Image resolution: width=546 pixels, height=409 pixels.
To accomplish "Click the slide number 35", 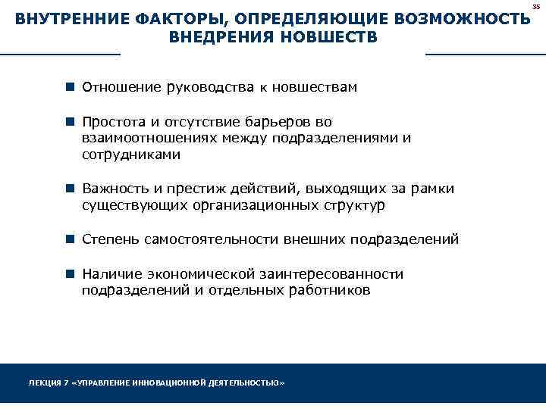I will coord(536,5).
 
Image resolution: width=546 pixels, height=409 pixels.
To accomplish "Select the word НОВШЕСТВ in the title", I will coord(331,38).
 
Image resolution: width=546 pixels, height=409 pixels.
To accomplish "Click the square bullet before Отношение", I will coord(69,87).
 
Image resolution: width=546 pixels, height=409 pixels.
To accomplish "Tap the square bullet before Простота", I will coord(69,122).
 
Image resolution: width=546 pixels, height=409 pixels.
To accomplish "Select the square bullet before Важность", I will coord(69,189).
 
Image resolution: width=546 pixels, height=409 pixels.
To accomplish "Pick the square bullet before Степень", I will coord(69,239).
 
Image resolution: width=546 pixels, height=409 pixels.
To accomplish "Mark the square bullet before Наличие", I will coord(69,274).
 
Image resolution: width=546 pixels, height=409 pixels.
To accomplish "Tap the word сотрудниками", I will coord(131,155).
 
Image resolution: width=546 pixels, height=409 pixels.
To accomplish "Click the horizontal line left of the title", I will coord(60,55).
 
